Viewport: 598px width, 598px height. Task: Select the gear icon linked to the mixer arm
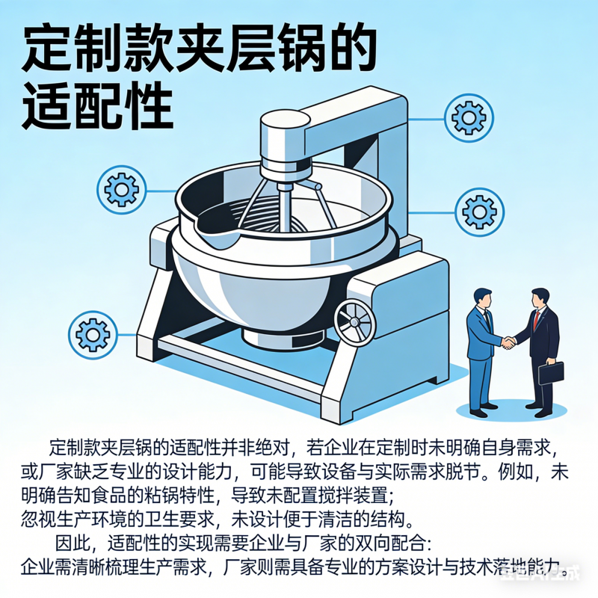(x=469, y=117)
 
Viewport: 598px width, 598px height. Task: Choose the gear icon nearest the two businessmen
(x=479, y=211)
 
